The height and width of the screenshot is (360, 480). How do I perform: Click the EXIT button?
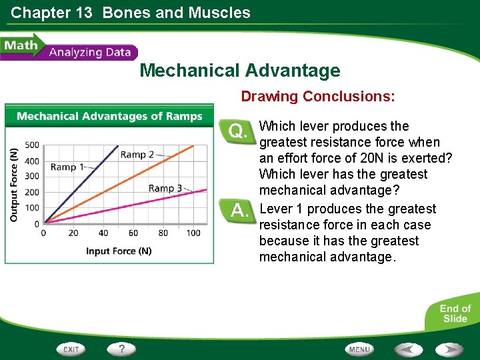[72, 349]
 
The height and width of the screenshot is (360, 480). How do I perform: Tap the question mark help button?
[121, 349]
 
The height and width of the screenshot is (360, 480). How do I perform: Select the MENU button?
[359, 349]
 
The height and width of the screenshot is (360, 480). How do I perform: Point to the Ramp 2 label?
[137, 155]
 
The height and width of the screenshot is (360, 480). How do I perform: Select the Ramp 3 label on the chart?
[165, 188]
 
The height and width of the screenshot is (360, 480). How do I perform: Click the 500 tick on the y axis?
[32, 145]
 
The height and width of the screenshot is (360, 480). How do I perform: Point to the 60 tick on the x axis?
[133, 233]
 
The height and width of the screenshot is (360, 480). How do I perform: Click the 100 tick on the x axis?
[193, 233]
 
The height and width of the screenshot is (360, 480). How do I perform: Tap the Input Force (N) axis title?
[118, 251]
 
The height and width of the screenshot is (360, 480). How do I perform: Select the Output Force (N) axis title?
[13, 184]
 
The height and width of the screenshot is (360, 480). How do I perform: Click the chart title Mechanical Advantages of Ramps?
[109, 117]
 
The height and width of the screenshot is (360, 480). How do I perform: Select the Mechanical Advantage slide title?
[239, 71]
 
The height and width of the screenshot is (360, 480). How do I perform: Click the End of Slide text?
[455, 313]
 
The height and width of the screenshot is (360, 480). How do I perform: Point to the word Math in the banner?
[20, 47]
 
